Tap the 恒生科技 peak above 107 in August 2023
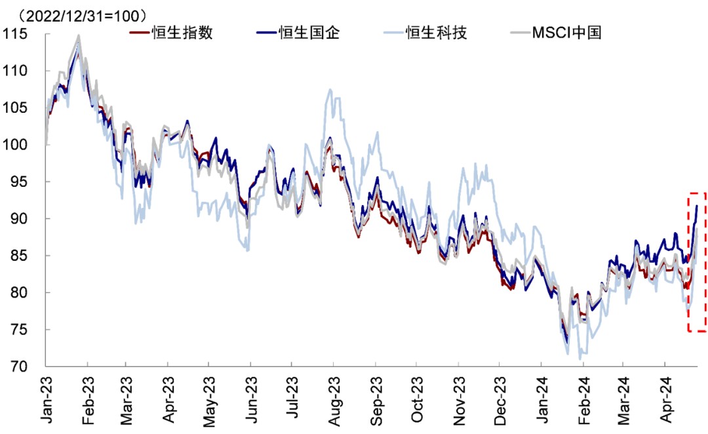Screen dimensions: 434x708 pyautogui.click(x=331, y=90)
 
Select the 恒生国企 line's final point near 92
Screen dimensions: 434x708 pyautogui.click(x=696, y=206)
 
